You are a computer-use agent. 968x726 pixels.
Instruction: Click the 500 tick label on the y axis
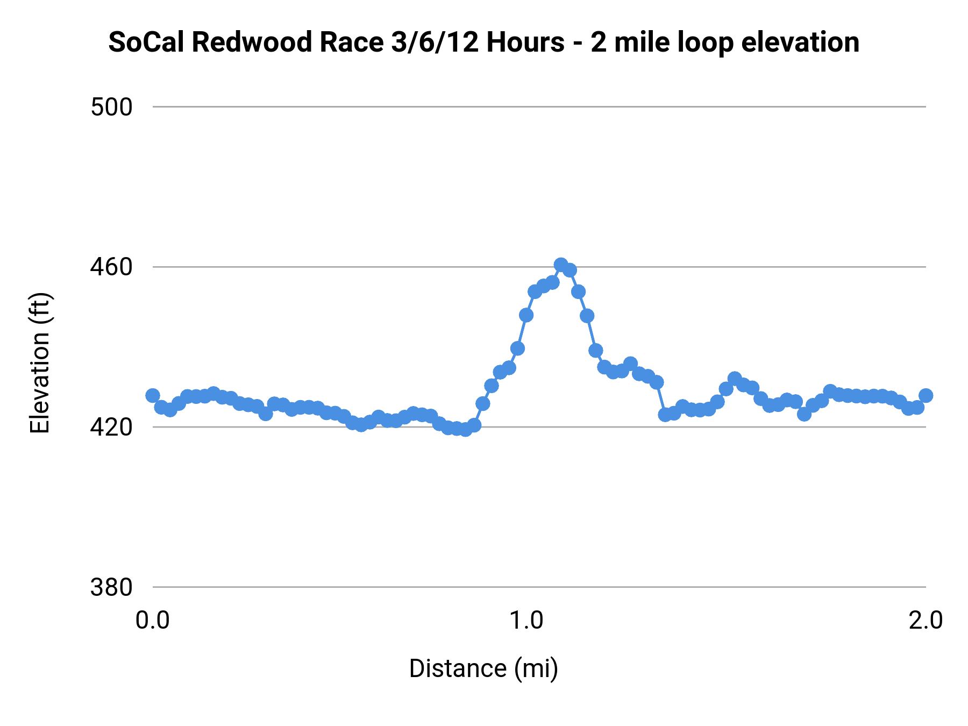point(111,107)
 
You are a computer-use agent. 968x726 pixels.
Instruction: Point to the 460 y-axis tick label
point(111,267)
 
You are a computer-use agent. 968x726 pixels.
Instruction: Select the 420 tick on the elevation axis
point(111,427)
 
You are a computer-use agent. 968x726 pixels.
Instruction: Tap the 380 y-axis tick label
point(111,587)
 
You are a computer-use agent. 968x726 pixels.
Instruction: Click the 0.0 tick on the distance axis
point(152,620)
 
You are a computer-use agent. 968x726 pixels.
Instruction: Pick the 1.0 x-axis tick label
point(526,620)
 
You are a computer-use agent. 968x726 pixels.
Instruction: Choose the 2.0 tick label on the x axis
point(926,620)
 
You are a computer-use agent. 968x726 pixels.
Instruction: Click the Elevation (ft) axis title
point(40,363)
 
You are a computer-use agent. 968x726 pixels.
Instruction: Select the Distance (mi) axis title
point(483,668)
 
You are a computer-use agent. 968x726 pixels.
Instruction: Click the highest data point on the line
point(561,265)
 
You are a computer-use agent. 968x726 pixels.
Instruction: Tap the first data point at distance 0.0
point(153,395)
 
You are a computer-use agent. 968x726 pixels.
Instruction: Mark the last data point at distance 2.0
point(926,395)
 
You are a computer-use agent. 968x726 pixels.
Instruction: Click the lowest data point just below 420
point(465,429)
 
